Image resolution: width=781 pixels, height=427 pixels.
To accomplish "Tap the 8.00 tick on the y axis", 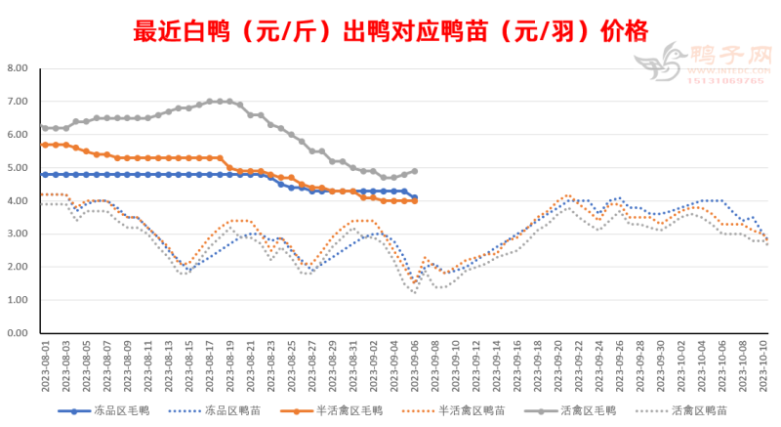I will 18,68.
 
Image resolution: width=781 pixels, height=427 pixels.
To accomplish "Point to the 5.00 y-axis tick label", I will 18,168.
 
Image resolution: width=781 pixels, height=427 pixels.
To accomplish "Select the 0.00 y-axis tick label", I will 18,333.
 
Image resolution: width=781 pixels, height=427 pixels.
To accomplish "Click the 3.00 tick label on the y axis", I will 18,234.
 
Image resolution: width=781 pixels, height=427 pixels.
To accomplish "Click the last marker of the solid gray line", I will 415,171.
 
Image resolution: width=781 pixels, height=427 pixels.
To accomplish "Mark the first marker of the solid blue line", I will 45,175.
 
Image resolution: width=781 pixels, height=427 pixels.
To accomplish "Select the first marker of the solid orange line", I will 45,145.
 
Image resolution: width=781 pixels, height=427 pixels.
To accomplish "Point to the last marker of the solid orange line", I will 415,200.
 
